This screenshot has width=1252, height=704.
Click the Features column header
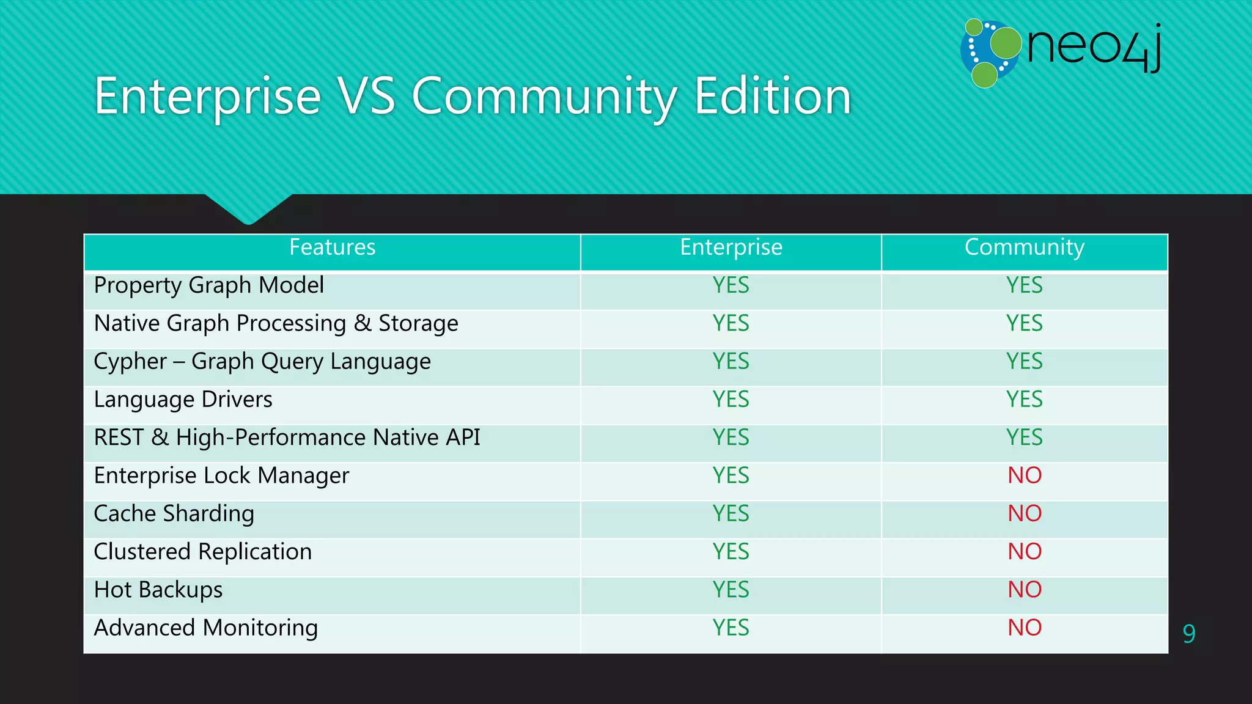[332, 248]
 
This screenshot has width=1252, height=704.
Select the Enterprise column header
[731, 248]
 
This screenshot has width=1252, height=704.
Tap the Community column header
[1024, 248]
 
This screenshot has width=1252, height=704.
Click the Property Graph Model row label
[209, 285]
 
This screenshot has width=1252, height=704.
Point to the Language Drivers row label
[183, 400]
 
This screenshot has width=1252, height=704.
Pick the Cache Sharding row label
[174, 514]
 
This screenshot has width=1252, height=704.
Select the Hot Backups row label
[158, 590]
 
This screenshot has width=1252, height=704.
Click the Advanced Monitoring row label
[206, 628]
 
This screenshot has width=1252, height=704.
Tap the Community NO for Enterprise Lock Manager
[1025, 475]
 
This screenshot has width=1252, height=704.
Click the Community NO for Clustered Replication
[1025, 552]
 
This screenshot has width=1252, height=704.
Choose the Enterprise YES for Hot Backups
[731, 590]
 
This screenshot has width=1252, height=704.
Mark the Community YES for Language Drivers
[1025, 400]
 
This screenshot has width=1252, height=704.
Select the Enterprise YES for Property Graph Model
[731, 285]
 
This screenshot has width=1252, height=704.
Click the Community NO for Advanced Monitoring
[1025, 628]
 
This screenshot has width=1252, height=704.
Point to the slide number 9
[1189, 634]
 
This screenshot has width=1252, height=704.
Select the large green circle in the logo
[1006, 43]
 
